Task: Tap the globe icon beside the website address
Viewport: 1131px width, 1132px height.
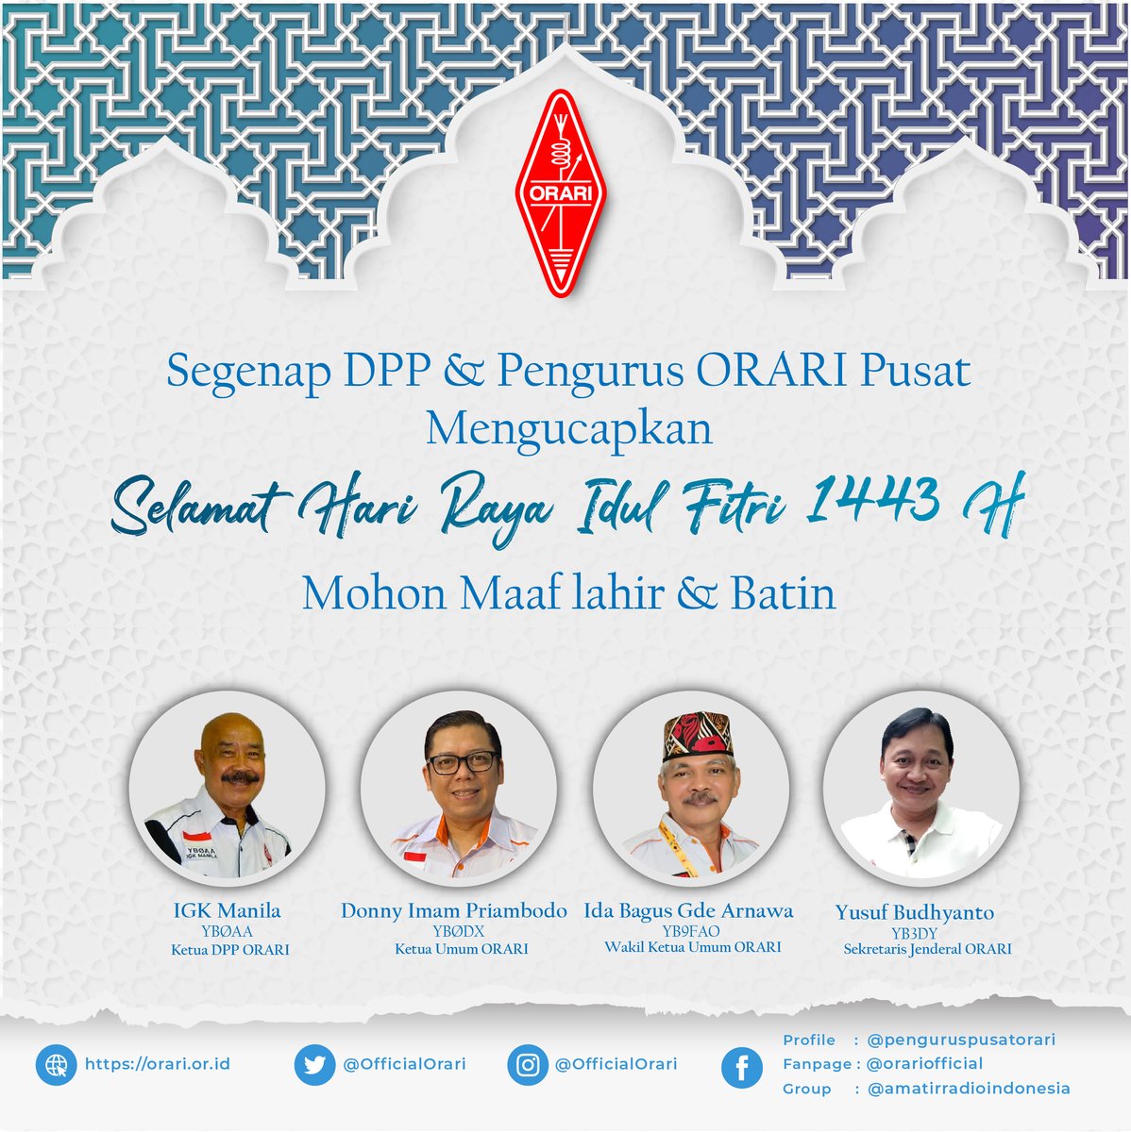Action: tap(57, 1065)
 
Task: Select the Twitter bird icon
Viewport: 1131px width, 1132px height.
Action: tap(314, 1065)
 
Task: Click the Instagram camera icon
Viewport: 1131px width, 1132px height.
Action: tap(528, 1065)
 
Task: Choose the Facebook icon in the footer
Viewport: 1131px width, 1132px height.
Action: tap(742, 1068)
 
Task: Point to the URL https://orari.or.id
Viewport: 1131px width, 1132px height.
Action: tap(158, 1064)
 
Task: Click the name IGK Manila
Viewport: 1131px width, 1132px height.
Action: tap(227, 911)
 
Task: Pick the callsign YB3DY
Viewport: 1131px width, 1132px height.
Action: tap(913, 933)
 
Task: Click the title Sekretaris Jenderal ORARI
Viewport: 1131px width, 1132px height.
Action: tap(927, 949)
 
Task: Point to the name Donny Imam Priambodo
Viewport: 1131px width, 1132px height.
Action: tap(454, 911)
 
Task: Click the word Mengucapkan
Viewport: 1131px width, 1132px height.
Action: tap(568, 429)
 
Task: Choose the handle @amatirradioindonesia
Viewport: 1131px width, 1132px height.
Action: tap(969, 1089)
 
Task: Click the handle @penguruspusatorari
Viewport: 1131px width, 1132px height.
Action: tap(961, 1040)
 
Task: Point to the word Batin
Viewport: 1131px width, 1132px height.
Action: tap(783, 594)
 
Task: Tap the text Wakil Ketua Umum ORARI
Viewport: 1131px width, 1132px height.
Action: tap(693, 947)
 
